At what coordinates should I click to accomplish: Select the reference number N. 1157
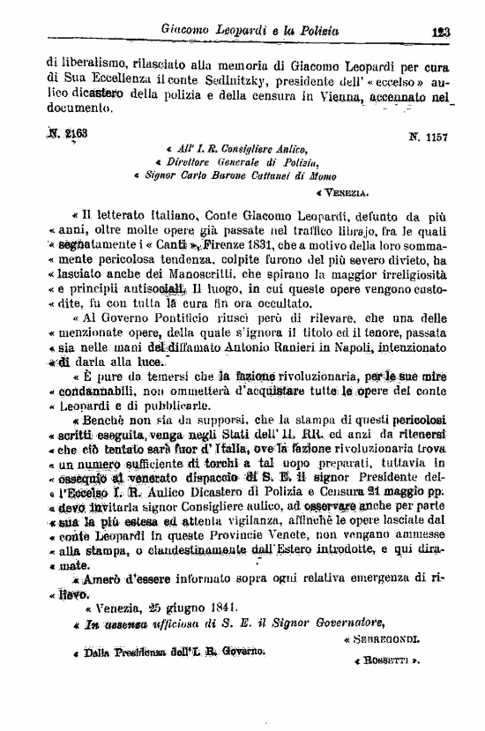(428, 138)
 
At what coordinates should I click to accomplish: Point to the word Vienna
(337, 93)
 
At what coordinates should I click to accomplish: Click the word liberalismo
(89, 62)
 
